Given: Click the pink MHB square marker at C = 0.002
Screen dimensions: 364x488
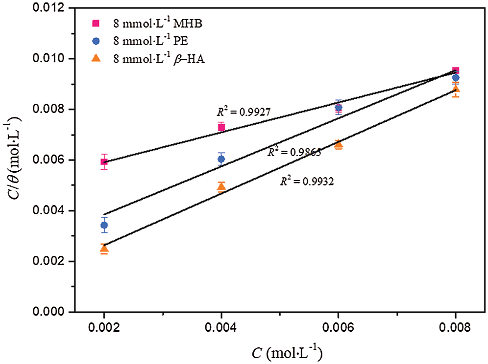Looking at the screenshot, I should coord(104,162).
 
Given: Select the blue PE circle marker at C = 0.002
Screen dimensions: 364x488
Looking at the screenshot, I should coord(104,225).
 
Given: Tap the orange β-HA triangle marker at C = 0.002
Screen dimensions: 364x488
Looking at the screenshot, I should coord(104,249).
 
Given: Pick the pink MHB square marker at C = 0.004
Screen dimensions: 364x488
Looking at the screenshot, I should coord(221,127).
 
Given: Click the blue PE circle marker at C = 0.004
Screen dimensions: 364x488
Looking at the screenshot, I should coord(221,159).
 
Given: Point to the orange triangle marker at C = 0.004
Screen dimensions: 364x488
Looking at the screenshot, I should coord(221,187).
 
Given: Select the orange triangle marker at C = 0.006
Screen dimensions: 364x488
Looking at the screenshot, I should coord(338,144).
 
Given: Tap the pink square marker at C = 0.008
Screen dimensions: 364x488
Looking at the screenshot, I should coord(456,70).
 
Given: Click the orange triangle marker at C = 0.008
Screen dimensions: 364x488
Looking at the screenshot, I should coord(456,89).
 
